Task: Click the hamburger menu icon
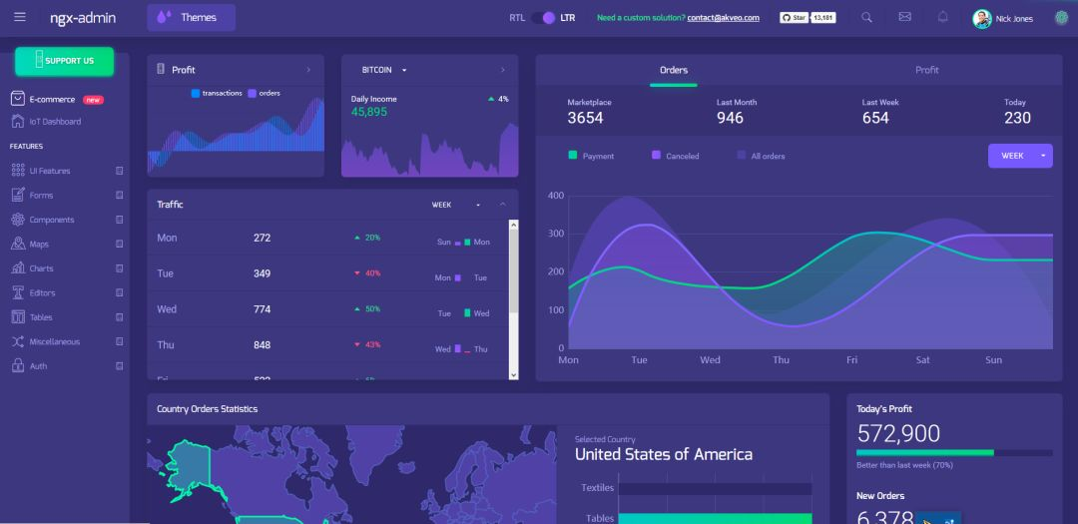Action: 20,17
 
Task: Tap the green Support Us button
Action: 64,61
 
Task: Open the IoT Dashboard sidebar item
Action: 55,122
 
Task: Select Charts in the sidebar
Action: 41,268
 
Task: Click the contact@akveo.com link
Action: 723,18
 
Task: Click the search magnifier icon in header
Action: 866,17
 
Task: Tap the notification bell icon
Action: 943,17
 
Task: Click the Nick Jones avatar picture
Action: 982,18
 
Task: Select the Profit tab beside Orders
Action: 927,70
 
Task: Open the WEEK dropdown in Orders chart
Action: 1020,156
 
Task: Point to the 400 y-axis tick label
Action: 556,196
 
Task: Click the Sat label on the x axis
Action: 923,360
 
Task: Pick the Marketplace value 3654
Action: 585,118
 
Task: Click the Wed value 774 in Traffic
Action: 262,309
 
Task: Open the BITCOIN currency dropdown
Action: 384,70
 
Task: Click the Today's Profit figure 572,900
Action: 898,433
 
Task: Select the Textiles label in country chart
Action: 597,488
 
